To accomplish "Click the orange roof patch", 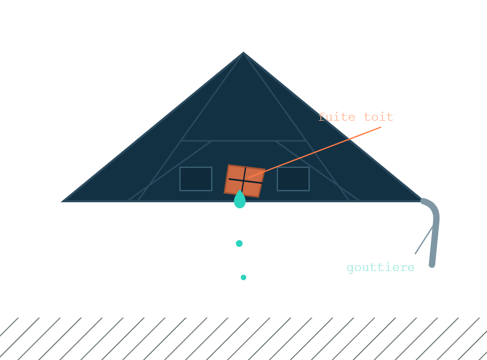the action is coord(245,181).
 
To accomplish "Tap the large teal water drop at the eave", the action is coord(240,200).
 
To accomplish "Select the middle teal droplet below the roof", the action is coord(239,244).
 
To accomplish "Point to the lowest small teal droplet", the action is coord(243,277).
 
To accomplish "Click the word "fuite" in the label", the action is coord(337,117).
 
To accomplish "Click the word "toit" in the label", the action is coord(378,117).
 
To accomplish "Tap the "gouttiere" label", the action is coord(381,267).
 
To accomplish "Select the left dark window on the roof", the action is coord(196,179).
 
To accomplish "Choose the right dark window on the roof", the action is coord(293,179).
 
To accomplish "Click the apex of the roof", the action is coord(243,52).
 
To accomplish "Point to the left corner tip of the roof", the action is coord(61,202).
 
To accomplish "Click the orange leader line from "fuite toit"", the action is coord(314,152).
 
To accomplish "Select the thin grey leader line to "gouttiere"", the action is coord(424,240).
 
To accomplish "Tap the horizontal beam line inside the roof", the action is coord(243,141).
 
